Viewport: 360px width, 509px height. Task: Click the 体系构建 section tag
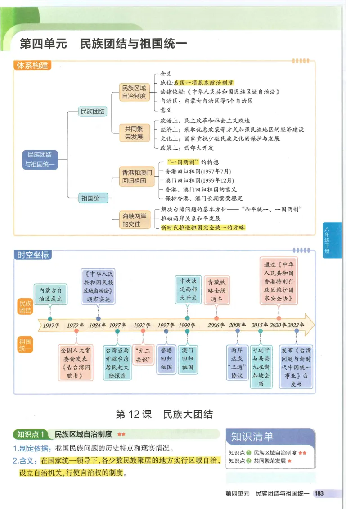[x=32, y=66]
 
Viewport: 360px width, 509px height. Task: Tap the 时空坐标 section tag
[x=32, y=255]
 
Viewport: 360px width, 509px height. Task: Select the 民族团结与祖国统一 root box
[x=40, y=159]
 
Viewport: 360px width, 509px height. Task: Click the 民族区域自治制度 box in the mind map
[x=133, y=92]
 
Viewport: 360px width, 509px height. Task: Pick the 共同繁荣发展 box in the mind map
[x=134, y=133]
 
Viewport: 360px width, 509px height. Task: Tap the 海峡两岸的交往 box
[x=134, y=219]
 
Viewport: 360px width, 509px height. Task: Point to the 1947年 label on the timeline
[x=51, y=325]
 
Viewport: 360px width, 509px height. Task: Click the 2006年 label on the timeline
[x=216, y=325]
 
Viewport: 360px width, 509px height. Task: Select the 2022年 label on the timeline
[x=296, y=325]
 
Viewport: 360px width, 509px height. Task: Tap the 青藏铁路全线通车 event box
[x=216, y=290]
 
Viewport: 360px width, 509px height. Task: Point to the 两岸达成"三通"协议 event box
[x=237, y=362]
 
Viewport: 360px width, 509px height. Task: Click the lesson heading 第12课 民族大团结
[x=164, y=414]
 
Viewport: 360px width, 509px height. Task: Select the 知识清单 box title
[x=252, y=436]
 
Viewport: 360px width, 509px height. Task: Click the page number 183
[x=319, y=494]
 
